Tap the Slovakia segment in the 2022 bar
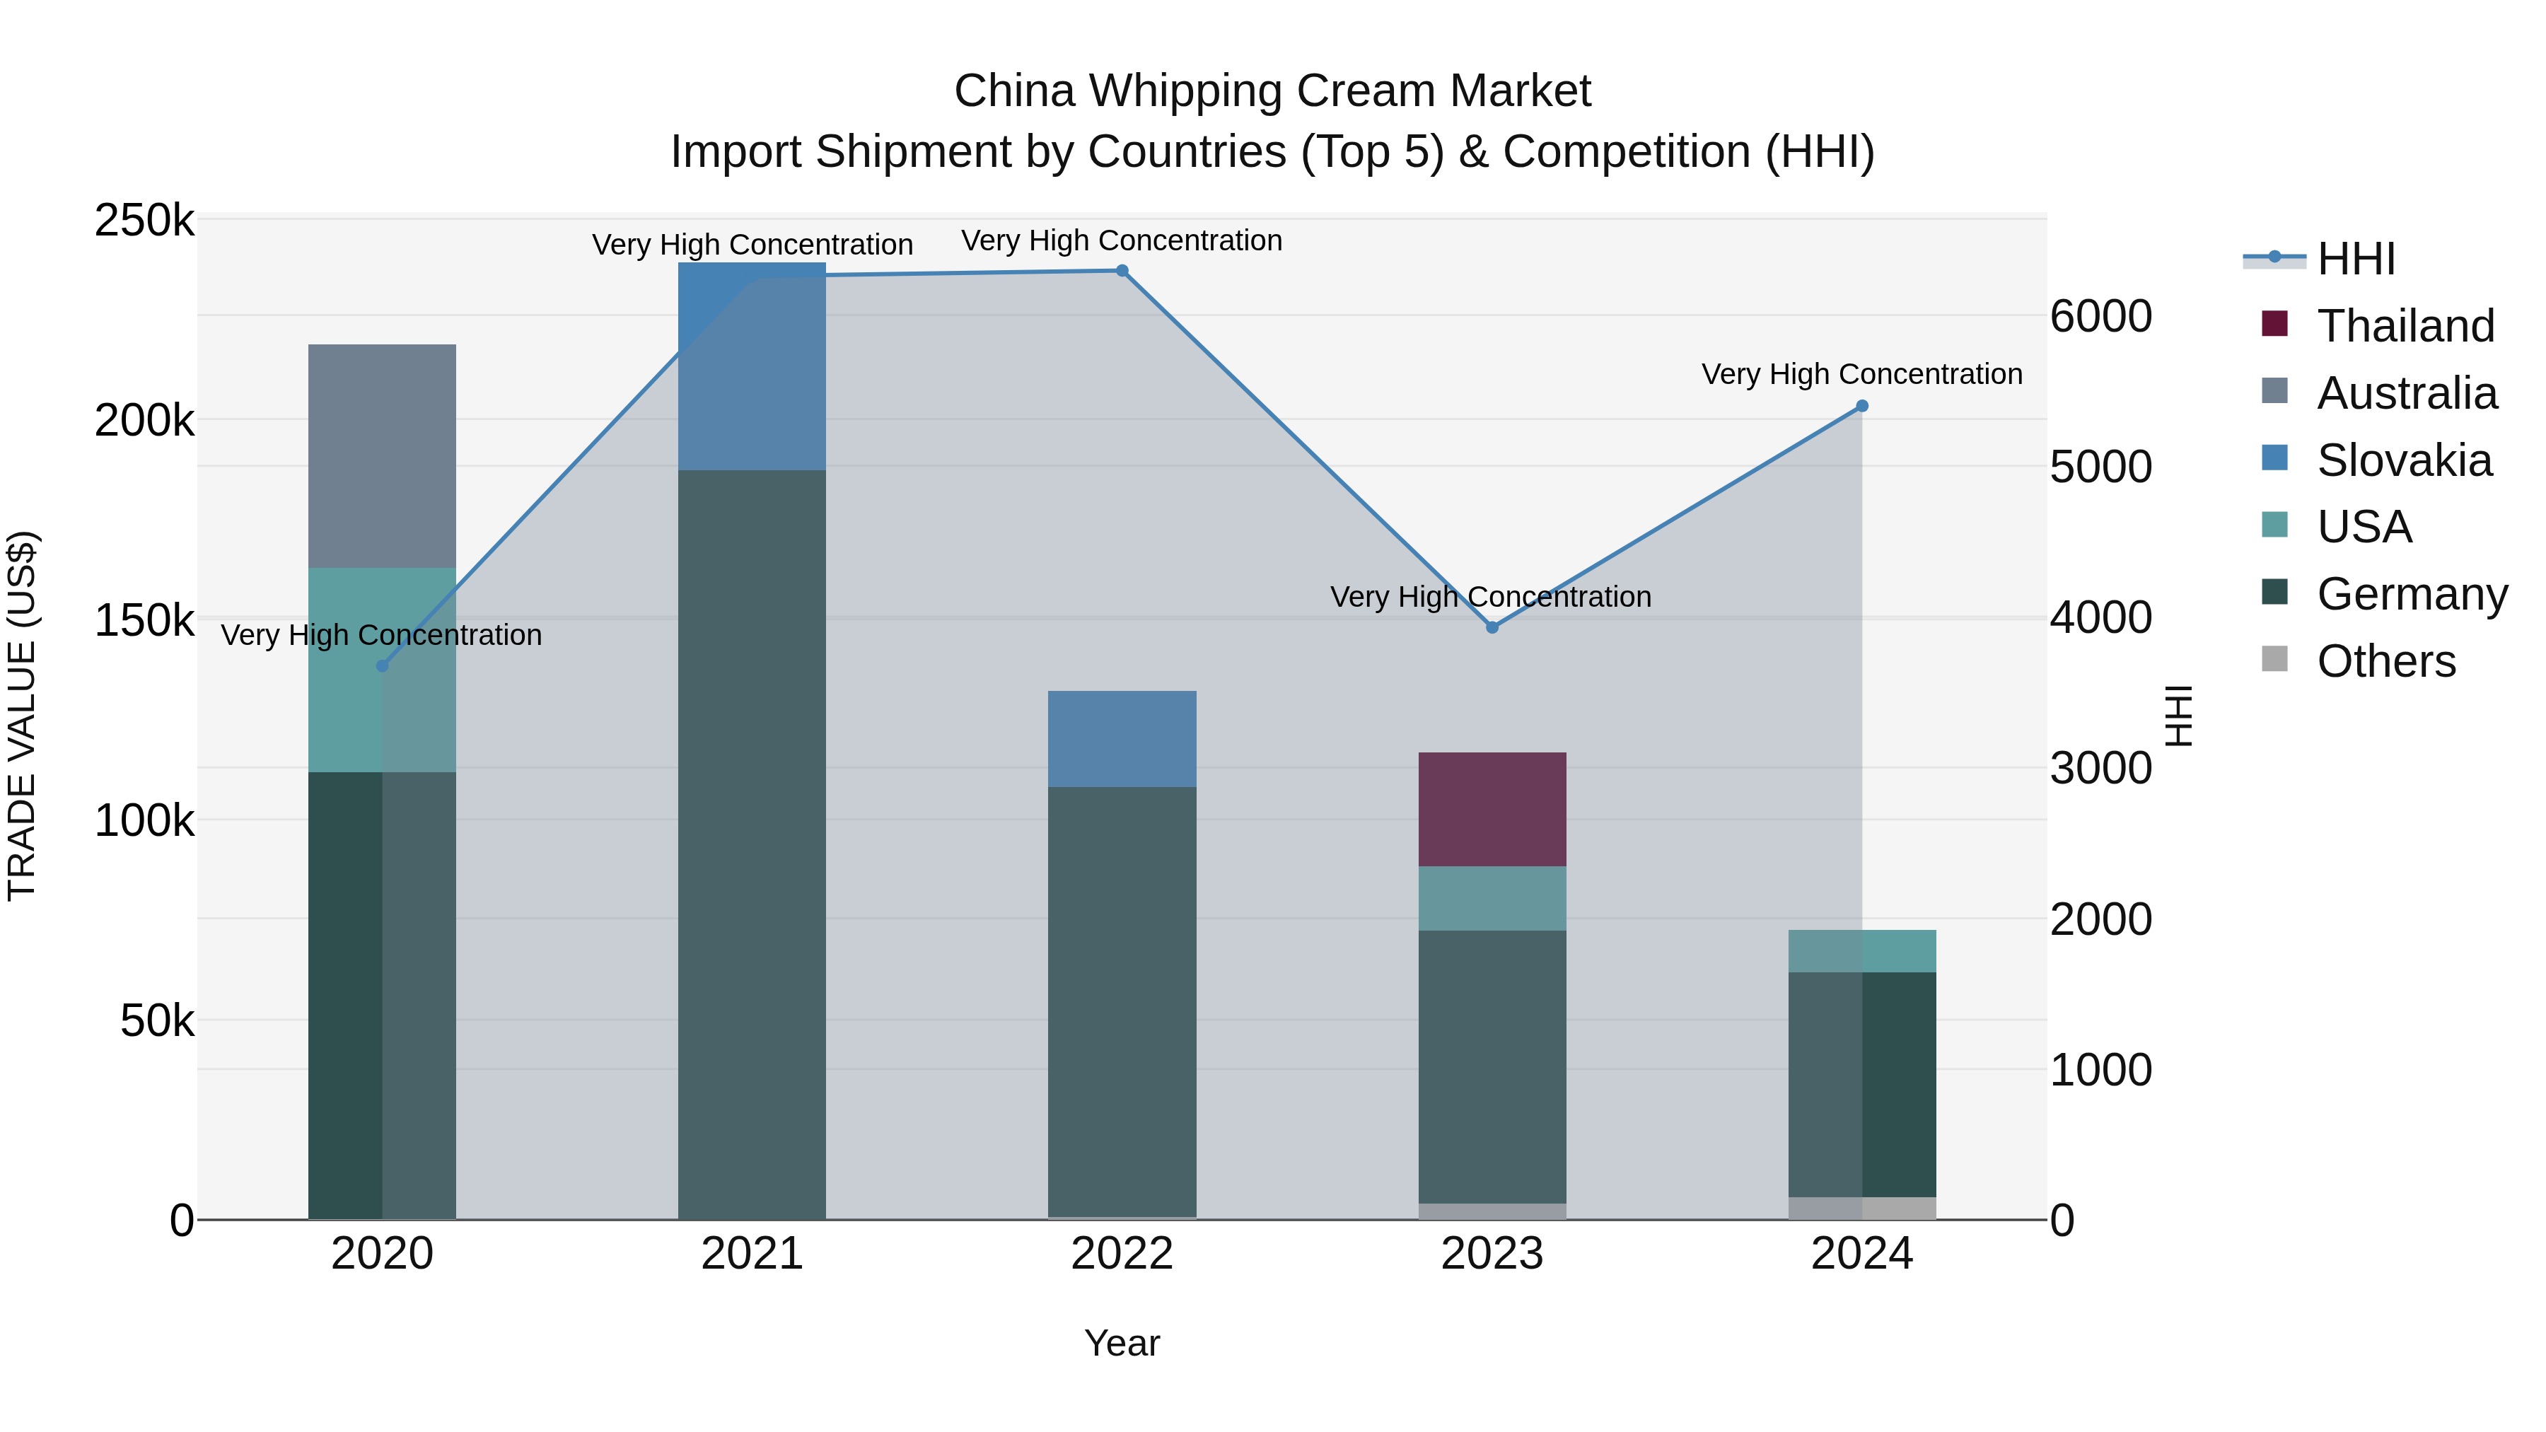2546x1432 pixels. pyautogui.click(x=1122, y=738)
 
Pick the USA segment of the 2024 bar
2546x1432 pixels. pyautogui.click(x=1862, y=950)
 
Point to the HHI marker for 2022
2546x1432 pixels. pyautogui.click(x=1122, y=271)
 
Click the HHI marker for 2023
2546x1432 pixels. pyautogui.click(x=1492, y=627)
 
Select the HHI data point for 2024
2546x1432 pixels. pyautogui.click(x=1862, y=406)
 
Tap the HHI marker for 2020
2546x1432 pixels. pyautogui.click(x=383, y=666)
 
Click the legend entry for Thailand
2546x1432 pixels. pyautogui.click(x=2404, y=326)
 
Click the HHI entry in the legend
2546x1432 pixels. pyautogui.click(x=2354, y=259)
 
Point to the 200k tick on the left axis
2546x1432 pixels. pyautogui.click(x=144, y=421)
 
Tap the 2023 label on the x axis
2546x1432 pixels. pyautogui.click(x=1492, y=1254)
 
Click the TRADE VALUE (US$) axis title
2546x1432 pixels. pyautogui.click(x=22, y=716)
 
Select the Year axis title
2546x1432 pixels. pyautogui.click(x=1122, y=1343)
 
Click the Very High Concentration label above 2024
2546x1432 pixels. pyautogui.click(x=1861, y=375)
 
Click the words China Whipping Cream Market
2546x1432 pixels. pyautogui.click(x=1272, y=91)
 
